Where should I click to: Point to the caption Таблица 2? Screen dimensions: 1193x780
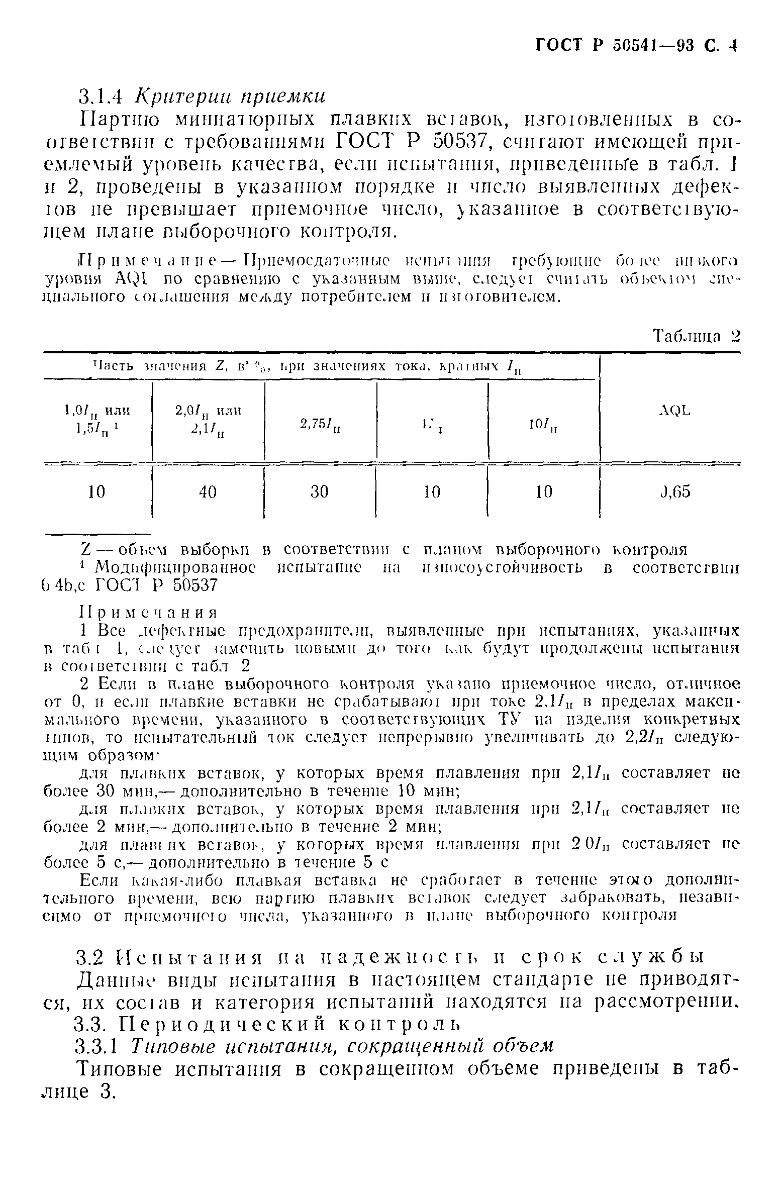pos(697,336)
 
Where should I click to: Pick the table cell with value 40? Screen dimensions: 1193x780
pos(207,492)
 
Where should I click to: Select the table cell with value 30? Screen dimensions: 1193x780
pos(319,492)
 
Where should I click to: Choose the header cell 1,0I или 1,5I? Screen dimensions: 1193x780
pos(96,419)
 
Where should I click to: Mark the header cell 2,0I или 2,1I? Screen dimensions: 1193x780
pos(208,419)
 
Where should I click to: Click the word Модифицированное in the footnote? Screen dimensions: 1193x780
pos(174,568)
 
